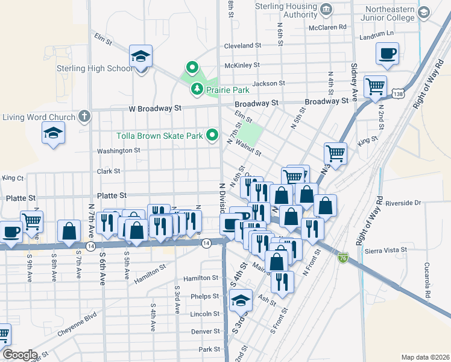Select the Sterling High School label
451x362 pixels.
tap(95, 68)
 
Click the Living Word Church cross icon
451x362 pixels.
tap(84, 116)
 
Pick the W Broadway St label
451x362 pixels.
tap(155, 109)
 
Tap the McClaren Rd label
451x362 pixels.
tap(327, 27)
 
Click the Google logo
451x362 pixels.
tap(20, 355)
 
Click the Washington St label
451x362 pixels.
tap(118, 150)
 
